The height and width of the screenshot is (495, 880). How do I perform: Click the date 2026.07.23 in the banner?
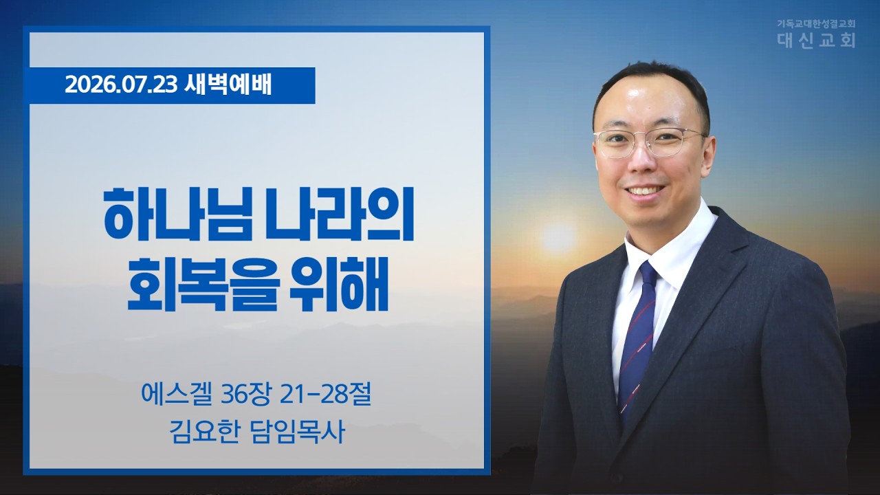click(x=122, y=85)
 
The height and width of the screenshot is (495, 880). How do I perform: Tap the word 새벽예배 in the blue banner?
click(x=228, y=85)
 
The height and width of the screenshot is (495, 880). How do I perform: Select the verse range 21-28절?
click(x=326, y=397)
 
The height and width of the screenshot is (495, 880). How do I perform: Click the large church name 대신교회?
click(x=816, y=40)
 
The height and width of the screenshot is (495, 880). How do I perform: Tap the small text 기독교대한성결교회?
click(x=816, y=23)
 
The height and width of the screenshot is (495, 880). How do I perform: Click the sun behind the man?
click(x=558, y=237)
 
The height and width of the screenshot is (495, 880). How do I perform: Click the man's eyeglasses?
click(x=650, y=142)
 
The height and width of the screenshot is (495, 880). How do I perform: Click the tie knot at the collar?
click(x=648, y=275)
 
